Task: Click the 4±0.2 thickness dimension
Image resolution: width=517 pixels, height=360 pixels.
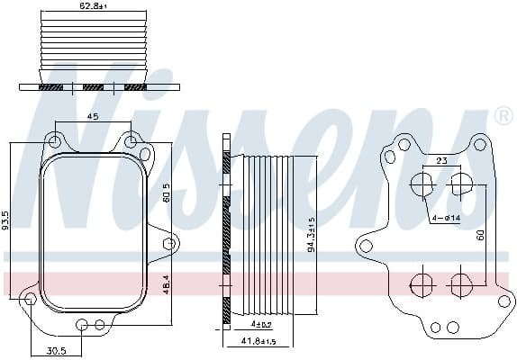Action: (262, 323)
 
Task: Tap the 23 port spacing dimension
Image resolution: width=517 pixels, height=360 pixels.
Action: (441, 160)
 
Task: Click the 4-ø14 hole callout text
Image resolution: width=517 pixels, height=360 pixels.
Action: (445, 218)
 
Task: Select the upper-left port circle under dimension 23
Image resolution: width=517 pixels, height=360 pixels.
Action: (422, 185)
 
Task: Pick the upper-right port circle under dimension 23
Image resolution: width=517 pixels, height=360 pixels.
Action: (460, 185)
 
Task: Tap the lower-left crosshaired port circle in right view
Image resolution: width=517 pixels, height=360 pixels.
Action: (422, 285)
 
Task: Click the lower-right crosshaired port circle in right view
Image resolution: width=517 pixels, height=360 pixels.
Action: (460, 285)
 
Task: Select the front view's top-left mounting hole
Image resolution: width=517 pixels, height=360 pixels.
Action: (56, 141)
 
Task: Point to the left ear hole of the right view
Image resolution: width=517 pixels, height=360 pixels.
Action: (367, 246)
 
